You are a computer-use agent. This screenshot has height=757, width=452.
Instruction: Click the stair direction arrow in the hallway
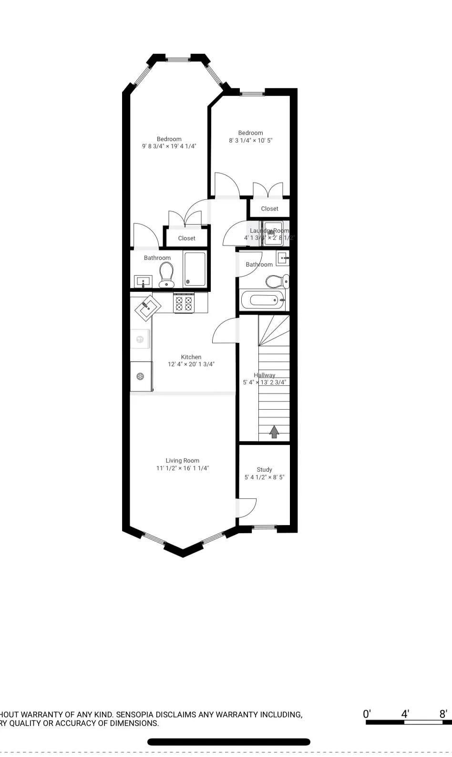pyautogui.click(x=274, y=432)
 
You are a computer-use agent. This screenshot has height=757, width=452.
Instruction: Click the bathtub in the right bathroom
pyautogui.click(x=263, y=301)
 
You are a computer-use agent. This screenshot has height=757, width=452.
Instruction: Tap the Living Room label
pyautogui.click(x=182, y=460)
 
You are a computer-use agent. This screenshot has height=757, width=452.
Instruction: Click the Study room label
pyautogui.click(x=264, y=469)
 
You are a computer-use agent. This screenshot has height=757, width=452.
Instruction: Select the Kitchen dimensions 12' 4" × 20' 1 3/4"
pyautogui.click(x=191, y=364)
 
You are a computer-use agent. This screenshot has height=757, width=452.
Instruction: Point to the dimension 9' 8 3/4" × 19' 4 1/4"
pyautogui.click(x=169, y=146)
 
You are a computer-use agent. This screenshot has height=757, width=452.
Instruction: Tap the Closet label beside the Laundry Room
pyautogui.click(x=269, y=208)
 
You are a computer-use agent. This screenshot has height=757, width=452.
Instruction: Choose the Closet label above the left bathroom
pyautogui.click(x=186, y=238)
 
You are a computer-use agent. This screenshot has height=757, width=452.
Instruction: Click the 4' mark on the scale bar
pyautogui.click(x=405, y=714)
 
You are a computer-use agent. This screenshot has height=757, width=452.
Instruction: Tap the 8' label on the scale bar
pyautogui.click(x=443, y=714)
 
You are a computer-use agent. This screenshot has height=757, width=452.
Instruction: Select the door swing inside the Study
pyautogui.click(x=247, y=507)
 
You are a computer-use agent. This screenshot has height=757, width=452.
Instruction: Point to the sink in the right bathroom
pyautogui.click(x=283, y=258)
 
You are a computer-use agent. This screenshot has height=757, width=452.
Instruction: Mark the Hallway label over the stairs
pyautogui.click(x=264, y=375)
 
